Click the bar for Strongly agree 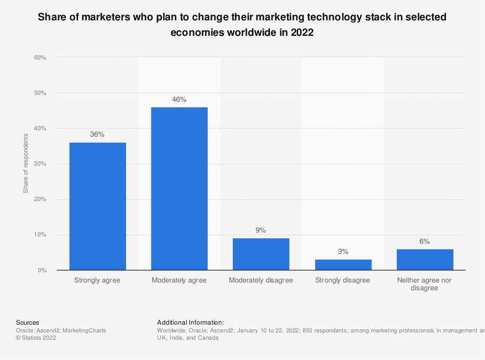click(97, 206)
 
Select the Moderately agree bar click(179, 188)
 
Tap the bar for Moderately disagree click(261, 254)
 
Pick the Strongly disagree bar click(343, 265)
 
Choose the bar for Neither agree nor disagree click(425, 259)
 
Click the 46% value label click(179, 99)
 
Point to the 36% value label click(97, 135)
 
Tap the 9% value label click(261, 231)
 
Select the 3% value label click(343, 252)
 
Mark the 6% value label click(425, 241)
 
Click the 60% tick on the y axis click(40, 58)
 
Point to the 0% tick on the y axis click(42, 270)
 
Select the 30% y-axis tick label click(40, 164)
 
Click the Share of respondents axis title click(26, 164)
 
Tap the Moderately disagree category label click(261, 281)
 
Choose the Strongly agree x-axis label click(97, 281)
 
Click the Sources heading click(28, 322)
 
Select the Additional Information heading click(191, 322)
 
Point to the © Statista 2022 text click(36, 338)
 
